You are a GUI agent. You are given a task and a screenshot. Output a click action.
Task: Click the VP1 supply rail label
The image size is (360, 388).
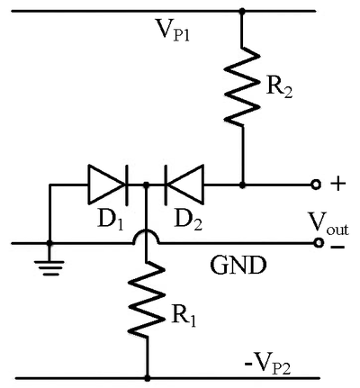(172, 31)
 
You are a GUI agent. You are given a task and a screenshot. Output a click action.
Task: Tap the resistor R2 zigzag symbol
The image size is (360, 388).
(242, 86)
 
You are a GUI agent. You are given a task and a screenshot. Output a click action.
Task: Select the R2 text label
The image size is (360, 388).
(279, 88)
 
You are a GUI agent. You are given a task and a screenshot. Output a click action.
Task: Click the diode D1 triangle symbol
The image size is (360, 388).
(107, 185)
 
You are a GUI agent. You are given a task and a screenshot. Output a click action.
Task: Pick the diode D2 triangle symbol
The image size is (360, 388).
(184, 185)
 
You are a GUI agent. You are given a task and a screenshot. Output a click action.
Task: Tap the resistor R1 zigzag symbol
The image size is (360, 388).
(147, 299)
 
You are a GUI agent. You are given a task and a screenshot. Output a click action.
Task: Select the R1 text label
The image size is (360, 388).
(184, 317)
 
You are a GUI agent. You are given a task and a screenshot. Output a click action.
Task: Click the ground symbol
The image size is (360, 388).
(49, 268)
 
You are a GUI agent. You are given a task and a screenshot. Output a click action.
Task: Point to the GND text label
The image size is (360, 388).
(238, 266)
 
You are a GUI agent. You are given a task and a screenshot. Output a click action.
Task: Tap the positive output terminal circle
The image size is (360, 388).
(316, 185)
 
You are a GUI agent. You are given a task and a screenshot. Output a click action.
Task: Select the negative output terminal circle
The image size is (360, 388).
(317, 242)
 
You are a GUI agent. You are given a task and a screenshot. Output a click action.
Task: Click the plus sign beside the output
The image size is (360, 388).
(338, 184)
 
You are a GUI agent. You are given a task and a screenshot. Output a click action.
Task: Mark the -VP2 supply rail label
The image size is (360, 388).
(267, 365)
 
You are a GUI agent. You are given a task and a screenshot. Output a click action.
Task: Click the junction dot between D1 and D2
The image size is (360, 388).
(146, 185)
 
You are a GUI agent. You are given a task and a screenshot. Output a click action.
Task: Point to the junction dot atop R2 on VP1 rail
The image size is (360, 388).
(242, 12)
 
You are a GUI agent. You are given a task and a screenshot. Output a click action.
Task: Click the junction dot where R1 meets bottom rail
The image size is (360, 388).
(147, 377)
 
